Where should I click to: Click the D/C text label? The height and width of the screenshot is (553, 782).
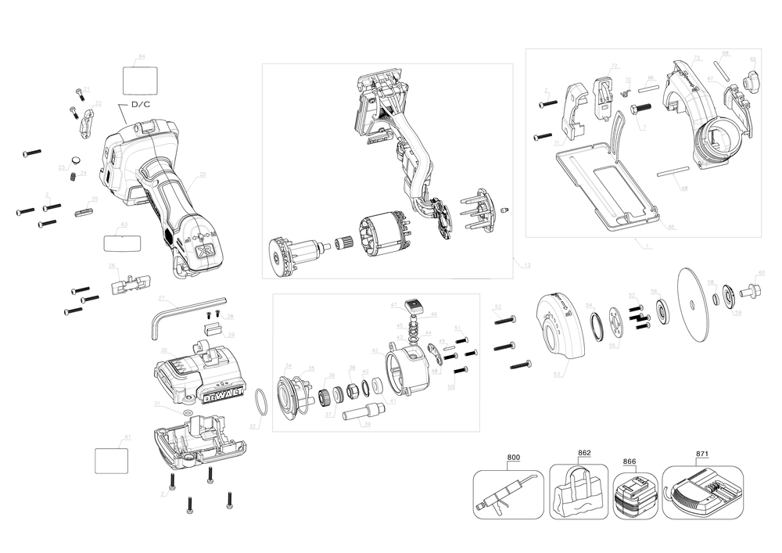[141, 104]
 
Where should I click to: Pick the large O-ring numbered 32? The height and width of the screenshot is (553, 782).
[264, 406]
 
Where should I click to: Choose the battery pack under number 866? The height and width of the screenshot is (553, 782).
[636, 496]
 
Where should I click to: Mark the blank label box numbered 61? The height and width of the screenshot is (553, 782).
[111, 460]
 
